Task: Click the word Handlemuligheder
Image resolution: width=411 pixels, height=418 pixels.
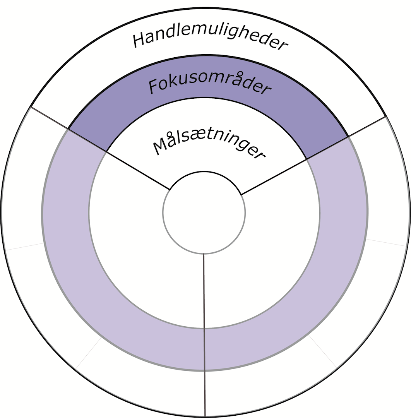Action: [x=211, y=40]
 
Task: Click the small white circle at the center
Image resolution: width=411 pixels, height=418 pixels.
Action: [x=204, y=212]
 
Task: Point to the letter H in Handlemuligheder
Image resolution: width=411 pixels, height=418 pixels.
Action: [x=140, y=40]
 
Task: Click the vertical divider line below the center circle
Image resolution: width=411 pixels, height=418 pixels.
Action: [x=204, y=333]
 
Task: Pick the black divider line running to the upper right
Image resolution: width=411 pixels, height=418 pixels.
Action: [x=313, y=154]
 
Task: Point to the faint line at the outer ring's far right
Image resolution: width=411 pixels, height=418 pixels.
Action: [x=387, y=242]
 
